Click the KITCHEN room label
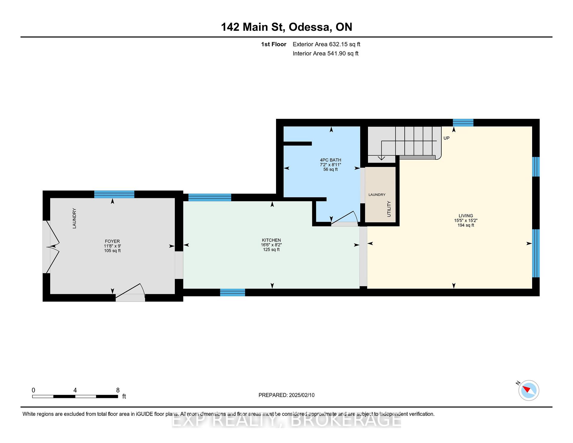[271, 240]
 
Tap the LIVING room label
[466, 216]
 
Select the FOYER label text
[112, 241]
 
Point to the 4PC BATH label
[330, 160]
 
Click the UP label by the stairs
[446, 138]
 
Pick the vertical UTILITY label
[389, 209]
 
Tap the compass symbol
[529, 390]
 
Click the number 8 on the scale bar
[118, 390]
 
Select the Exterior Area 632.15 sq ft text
[326, 44]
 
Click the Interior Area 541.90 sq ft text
[326, 53]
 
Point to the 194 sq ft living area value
[466, 225]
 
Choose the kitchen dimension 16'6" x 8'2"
[271, 245]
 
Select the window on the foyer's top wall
[114, 194]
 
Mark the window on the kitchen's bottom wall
[232, 293]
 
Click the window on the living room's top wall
[463, 123]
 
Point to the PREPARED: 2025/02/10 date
[286, 395]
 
